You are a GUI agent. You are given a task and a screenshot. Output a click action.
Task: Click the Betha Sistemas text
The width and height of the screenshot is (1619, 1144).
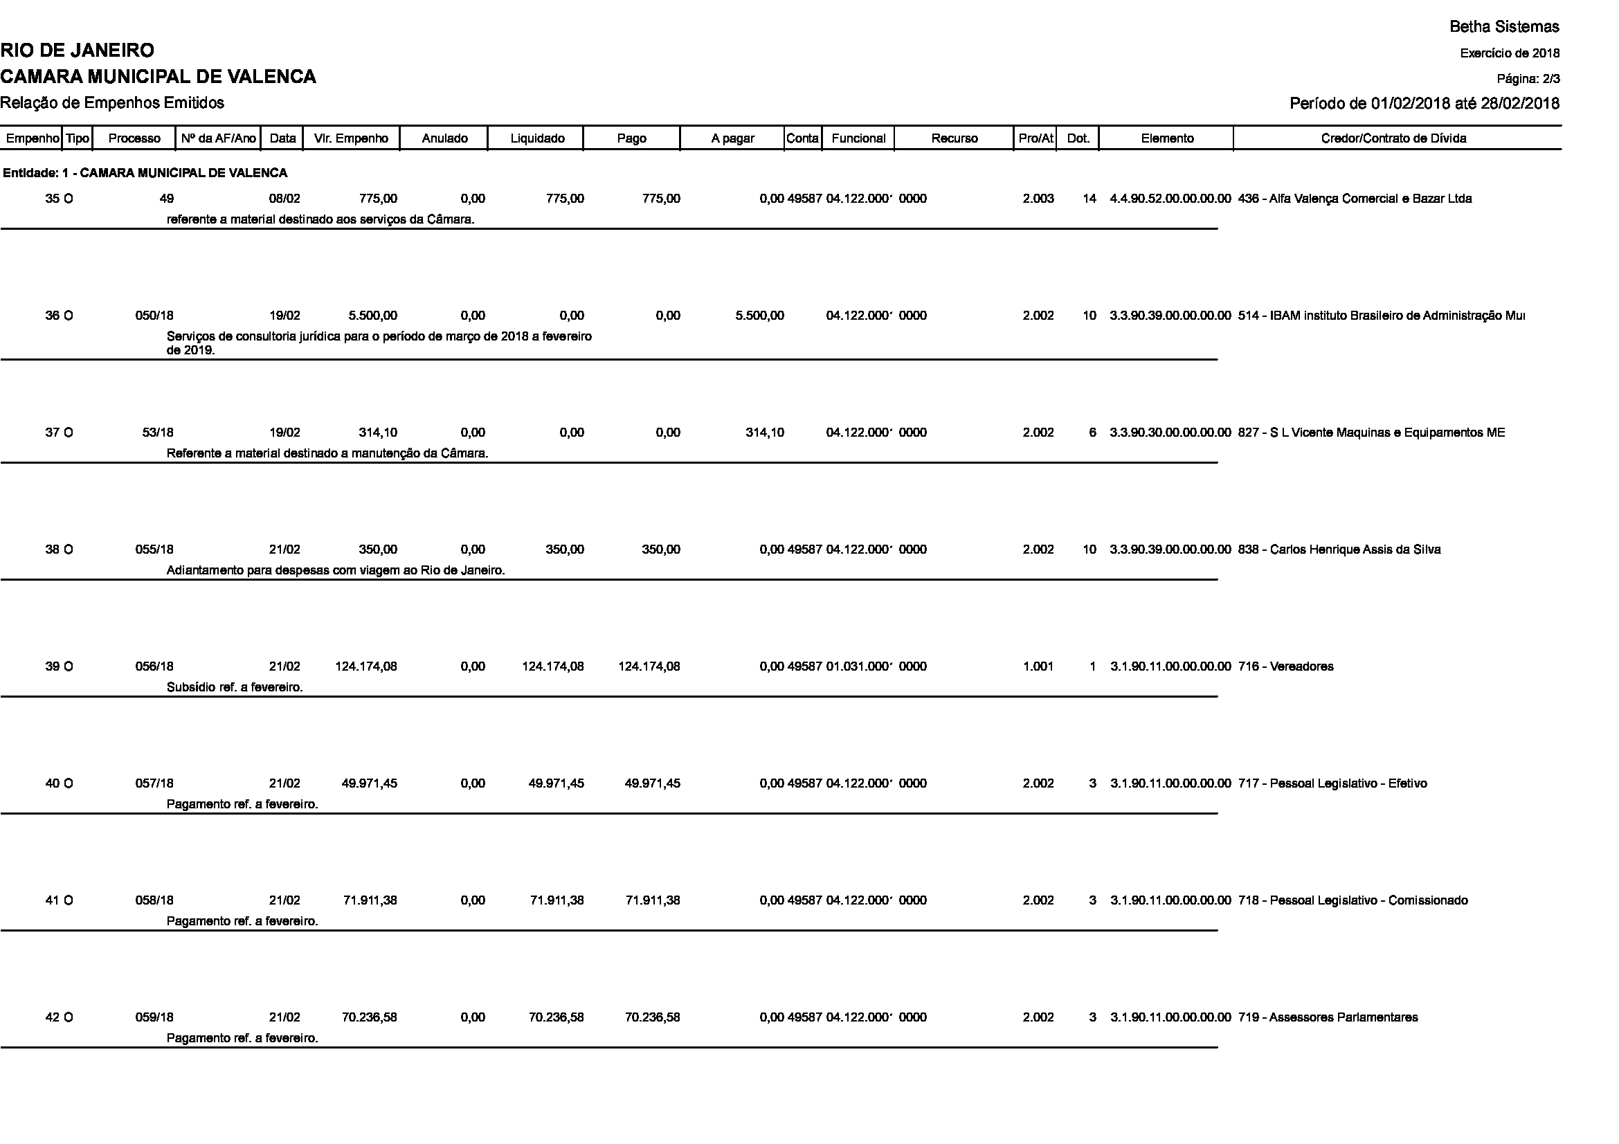[x=1504, y=27]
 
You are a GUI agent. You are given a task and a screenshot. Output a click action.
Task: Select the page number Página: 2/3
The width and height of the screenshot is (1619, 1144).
[x=1528, y=78]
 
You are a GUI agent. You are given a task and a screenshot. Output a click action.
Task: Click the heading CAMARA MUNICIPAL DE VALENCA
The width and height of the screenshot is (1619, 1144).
[x=158, y=77]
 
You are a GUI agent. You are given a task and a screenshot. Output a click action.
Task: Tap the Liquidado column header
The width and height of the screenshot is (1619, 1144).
[x=536, y=138]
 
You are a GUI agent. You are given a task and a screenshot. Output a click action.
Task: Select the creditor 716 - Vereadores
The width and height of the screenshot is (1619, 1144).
[x=1285, y=666]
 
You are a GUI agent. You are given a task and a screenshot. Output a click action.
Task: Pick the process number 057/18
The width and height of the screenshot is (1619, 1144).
[x=154, y=783]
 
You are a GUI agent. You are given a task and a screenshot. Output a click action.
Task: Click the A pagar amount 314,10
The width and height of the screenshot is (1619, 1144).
[x=764, y=433]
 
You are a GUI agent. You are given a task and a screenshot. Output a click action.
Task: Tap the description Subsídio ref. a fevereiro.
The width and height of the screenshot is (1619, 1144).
[x=234, y=687]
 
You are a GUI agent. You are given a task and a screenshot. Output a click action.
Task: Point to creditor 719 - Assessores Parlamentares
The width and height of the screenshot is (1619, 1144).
[x=1327, y=1017]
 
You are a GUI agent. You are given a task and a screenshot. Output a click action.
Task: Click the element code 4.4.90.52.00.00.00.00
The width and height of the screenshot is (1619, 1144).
[x=1170, y=199]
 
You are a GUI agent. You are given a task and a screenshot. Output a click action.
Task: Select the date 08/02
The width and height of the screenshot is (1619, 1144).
[x=284, y=199]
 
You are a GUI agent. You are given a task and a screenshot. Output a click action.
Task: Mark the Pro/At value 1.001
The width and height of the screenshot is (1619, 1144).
[x=1038, y=666]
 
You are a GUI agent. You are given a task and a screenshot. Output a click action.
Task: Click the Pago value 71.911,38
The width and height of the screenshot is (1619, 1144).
[x=652, y=900]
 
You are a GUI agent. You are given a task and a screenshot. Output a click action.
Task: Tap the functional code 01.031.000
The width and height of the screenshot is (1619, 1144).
[x=859, y=666]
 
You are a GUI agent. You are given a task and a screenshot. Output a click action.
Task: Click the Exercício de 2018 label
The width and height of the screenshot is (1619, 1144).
[x=1509, y=53]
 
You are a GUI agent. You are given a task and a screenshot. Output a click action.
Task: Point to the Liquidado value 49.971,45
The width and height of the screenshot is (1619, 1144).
[x=556, y=783]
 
